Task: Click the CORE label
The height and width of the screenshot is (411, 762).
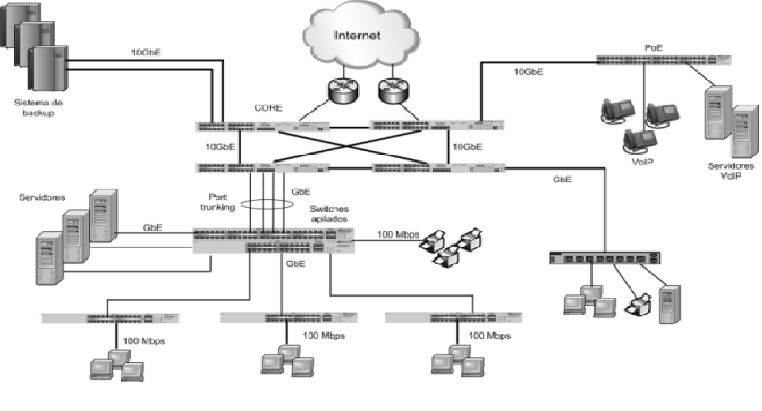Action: [x=268, y=108]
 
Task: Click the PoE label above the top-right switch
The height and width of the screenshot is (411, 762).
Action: [x=653, y=46]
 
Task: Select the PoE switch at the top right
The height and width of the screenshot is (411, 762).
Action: [x=665, y=60]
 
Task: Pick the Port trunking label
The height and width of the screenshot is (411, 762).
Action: [x=220, y=203]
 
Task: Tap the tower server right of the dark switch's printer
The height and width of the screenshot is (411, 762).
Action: [x=669, y=303]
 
